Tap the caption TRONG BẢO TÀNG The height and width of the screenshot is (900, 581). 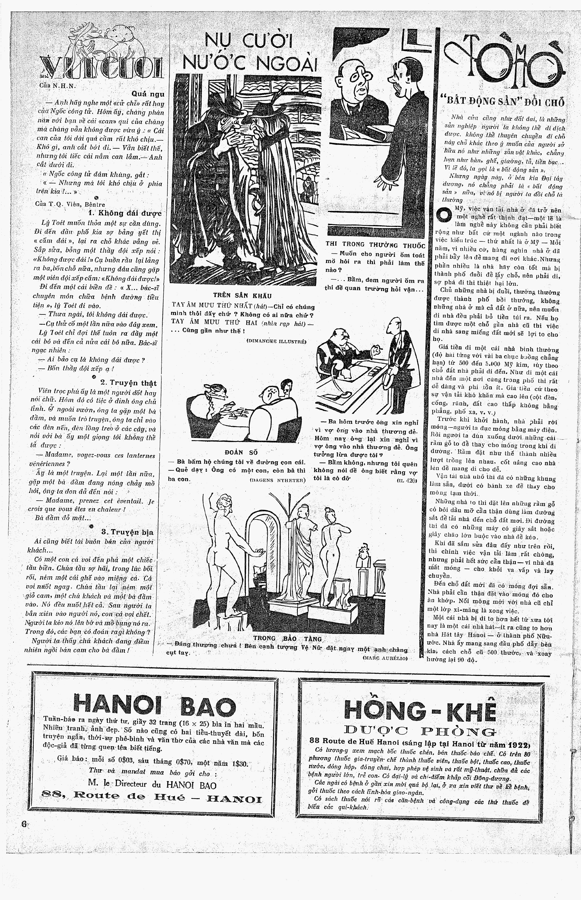click(287, 639)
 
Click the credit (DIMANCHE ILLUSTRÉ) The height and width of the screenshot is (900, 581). click(276, 341)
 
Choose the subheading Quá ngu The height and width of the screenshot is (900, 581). click(148, 94)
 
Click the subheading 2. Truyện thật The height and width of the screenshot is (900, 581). click(128, 383)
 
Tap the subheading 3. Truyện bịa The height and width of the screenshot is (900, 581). click(127, 532)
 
